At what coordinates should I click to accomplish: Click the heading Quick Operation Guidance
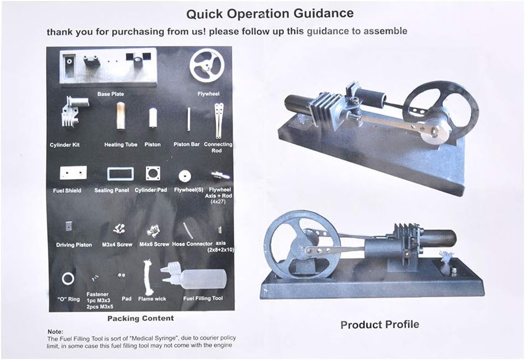coord(270,14)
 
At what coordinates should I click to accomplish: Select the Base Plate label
coord(111,94)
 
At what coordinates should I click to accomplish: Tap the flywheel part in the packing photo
coord(207,66)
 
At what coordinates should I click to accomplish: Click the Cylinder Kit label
coord(64,145)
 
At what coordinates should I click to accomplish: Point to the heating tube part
coord(121,116)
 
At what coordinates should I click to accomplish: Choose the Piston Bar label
coord(187,144)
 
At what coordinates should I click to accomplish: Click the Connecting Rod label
coord(218,147)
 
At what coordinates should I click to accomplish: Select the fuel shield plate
coord(73,173)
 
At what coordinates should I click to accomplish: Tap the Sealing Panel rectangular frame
coord(121,167)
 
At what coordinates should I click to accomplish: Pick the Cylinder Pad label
coord(151,190)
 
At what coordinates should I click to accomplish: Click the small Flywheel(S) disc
coord(185,176)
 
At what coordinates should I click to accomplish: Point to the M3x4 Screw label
coord(117,245)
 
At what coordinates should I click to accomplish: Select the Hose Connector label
coord(192,244)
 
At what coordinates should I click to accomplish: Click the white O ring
coord(68,273)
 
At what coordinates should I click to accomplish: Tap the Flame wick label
coord(152,299)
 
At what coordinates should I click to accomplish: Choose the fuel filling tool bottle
coord(194,277)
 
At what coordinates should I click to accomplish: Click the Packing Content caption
coord(141,318)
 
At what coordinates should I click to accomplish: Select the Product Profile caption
coord(379,325)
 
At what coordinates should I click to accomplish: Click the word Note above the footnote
coord(55,332)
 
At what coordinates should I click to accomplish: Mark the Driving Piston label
coord(74,245)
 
